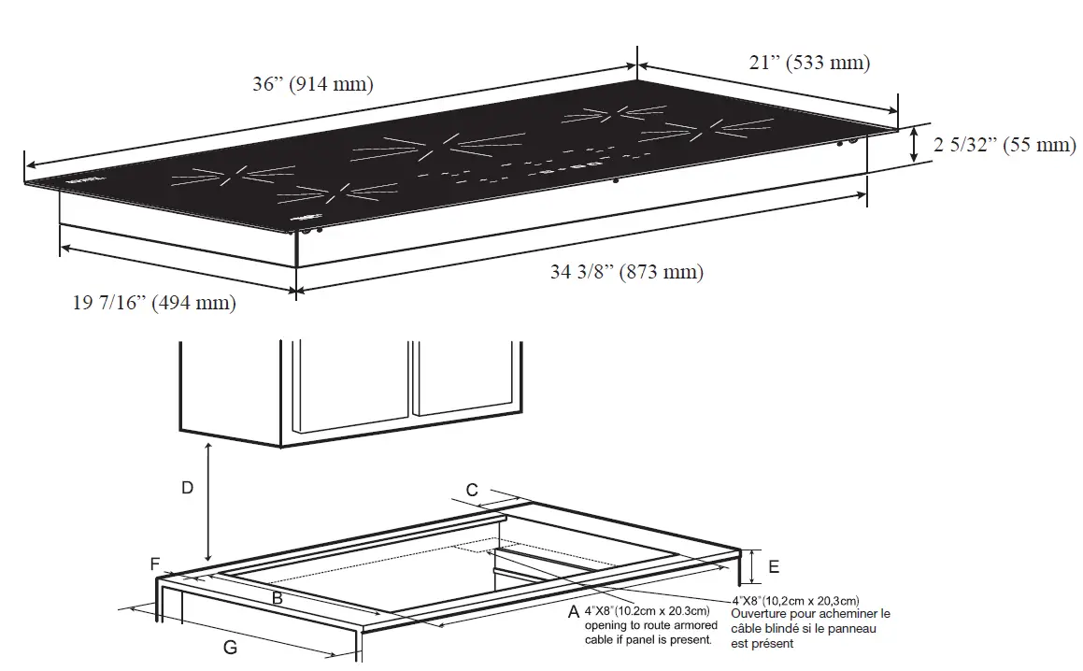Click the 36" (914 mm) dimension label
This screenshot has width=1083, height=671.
(312, 84)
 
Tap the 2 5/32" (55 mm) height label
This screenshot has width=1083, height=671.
(1005, 145)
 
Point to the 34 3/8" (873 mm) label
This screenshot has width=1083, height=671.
(626, 273)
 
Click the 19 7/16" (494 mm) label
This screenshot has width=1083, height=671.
(155, 303)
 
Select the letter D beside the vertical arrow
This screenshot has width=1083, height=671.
(187, 488)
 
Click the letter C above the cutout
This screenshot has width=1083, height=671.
(472, 490)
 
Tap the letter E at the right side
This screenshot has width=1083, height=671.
(773, 567)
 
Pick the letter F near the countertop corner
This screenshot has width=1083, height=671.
(155, 564)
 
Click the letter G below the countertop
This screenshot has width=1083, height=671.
(230, 647)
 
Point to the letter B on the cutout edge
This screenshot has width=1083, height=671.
(277, 597)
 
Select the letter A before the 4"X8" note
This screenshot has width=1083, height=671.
(573, 612)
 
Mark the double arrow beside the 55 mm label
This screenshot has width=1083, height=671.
(915, 145)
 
